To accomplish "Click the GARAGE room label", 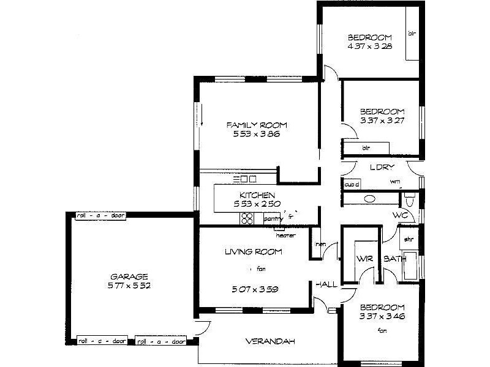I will [x=129, y=276].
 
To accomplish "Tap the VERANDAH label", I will [x=270, y=341].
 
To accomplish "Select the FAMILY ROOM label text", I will [x=257, y=125].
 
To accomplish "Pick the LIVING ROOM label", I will [x=253, y=251].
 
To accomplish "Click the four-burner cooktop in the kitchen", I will [x=248, y=218].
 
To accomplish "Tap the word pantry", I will [x=273, y=218].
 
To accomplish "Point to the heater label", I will [x=286, y=235].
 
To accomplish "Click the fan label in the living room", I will [x=261, y=269].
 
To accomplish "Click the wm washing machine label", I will [x=395, y=182].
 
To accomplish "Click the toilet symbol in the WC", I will [x=410, y=199].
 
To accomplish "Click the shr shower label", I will [x=407, y=239].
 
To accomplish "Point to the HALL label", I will [x=325, y=285].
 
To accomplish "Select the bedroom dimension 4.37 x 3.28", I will [x=370, y=46].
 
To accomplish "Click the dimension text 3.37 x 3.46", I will [x=382, y=316].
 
